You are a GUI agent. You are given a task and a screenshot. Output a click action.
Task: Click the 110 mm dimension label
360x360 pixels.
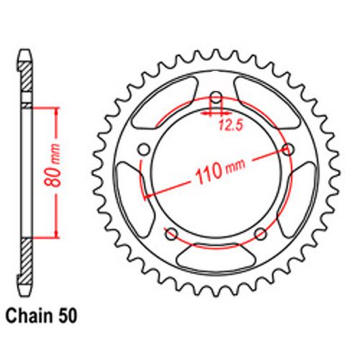pos(217,171)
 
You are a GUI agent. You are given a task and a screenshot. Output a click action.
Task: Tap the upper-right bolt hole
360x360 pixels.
pos(289,150)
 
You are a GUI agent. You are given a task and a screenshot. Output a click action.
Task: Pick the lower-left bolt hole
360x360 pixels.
pos(171,233)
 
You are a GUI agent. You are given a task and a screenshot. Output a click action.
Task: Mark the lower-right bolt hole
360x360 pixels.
pos(261,233)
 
